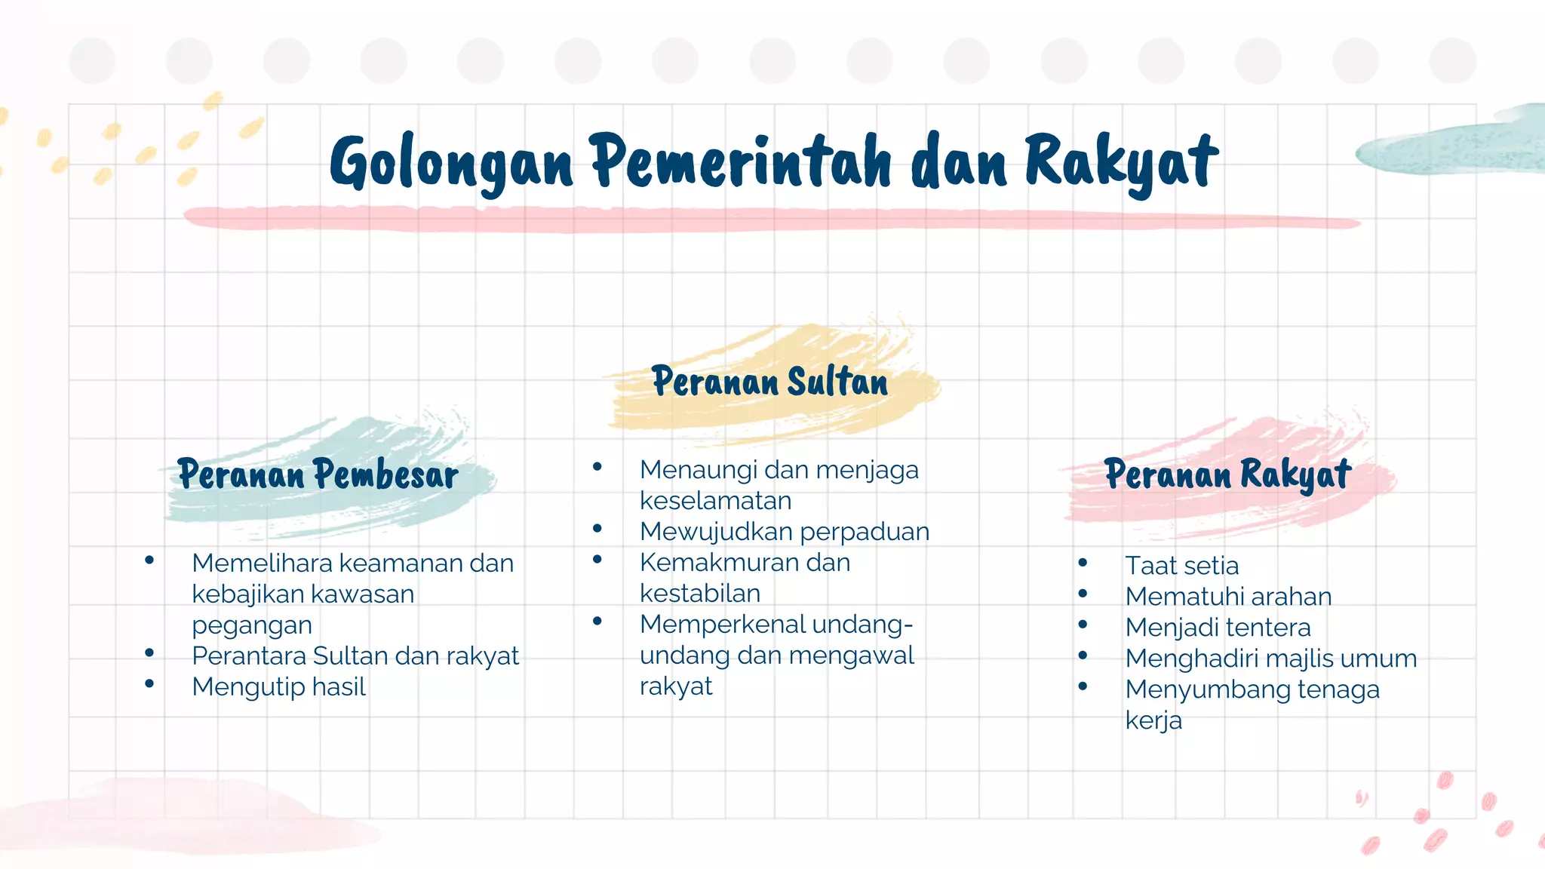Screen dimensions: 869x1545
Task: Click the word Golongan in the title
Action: tap(451, 162)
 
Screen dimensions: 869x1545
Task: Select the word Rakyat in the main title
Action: tap(1121, 162)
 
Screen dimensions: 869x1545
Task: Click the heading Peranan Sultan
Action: tap(769, 382)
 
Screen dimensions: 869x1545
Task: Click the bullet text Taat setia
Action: tap(1181, 566)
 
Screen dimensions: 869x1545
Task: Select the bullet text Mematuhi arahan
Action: tap(1228, 597)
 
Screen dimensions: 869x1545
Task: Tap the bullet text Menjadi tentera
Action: tap(1218, 628)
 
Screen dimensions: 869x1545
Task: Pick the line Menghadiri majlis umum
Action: tap(1270, 659)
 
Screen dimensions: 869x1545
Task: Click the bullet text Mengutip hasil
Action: tap(278, 687)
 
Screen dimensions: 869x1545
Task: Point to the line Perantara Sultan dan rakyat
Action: tap(355, 656)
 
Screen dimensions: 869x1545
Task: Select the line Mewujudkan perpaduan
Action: tap(784, 532)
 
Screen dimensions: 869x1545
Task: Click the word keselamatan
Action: tap(715, 501)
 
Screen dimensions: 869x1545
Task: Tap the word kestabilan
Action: tap(699, 594)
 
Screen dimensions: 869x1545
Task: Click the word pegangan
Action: tap(251, 625)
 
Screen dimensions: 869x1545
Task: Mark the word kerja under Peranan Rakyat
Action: tap(1153, 720)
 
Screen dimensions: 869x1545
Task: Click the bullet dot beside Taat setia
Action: tap(1083, 563)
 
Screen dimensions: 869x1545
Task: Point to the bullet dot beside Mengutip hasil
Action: tap(149, 684)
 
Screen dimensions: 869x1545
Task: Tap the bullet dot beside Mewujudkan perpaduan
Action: tap(597, 529)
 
